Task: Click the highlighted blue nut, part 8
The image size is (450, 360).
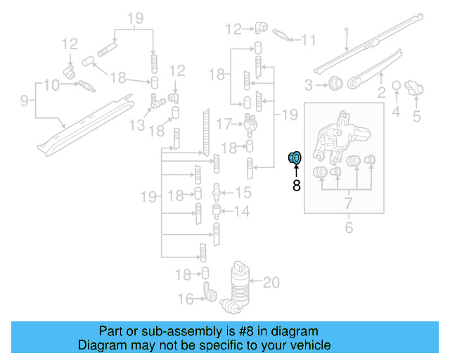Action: point(295,158)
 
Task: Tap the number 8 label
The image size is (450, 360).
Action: point(296,186)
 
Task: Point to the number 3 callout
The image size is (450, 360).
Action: point(308,86)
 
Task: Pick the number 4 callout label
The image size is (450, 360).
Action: point(396,111)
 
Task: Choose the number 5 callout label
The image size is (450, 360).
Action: point(416,116)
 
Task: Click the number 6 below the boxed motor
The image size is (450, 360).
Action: point(348,227)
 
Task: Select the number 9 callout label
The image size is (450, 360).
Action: point(24,101)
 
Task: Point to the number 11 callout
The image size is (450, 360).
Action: point(309,40)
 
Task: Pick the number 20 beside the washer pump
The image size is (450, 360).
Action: point(271,283)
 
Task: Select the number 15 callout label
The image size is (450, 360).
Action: point(243,193)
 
